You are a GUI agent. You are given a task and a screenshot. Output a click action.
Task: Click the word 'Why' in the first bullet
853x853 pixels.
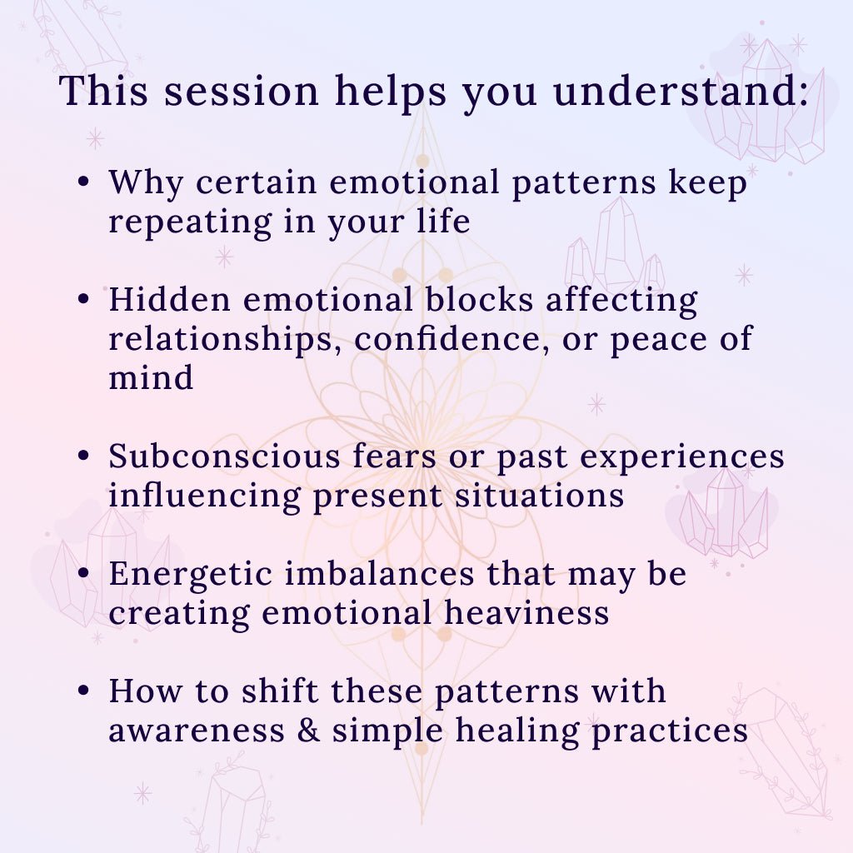click(x=146, y=182)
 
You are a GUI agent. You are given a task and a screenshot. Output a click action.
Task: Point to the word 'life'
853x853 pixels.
click(x=443, y=220)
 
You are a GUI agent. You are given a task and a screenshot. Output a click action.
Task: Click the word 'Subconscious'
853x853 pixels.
click(x=224, y=456)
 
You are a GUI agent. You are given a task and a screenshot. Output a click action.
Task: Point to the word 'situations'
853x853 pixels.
click(x=539, y=495)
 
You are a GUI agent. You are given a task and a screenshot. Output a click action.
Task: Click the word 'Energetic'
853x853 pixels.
click(x=191, y=575)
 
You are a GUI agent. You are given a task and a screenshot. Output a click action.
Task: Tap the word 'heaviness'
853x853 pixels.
click(x=526, y=612)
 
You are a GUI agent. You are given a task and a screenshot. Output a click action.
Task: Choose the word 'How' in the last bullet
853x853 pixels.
click(x=146, y=691)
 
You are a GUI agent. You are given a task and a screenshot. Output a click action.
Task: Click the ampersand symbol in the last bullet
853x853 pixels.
click(x=308, y=730)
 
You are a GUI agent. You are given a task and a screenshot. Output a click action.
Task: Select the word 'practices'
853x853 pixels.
click(x=670, y=731)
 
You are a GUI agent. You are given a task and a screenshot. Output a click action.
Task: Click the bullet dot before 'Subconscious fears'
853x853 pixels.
click(x=83, y=455)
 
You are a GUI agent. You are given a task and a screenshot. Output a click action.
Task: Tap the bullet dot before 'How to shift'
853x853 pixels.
click(x=83, y=691)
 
